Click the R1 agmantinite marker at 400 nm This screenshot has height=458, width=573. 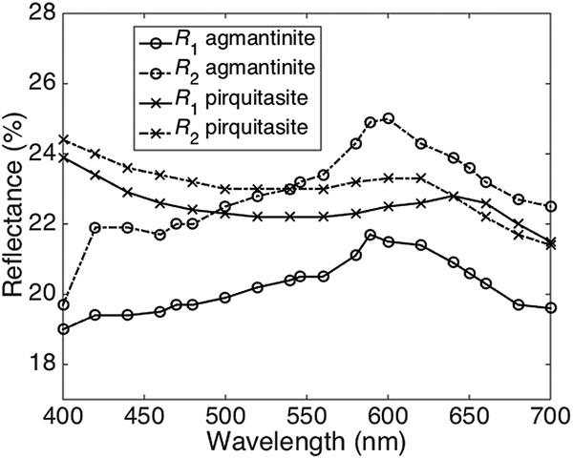pyautogui.click(x=63, y=329)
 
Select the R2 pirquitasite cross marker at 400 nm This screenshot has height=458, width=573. pyautogui.click(x=63, y=139)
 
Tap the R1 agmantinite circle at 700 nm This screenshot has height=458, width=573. pyautogui.click(x=550, y=308)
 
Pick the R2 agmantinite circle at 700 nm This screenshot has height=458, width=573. pyautogui.click(x=550, y=206)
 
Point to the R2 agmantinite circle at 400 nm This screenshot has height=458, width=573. pyautogui.click(x=63, y=304)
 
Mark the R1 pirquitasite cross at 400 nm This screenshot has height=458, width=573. pyautogui.click(x=63, y=157)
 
